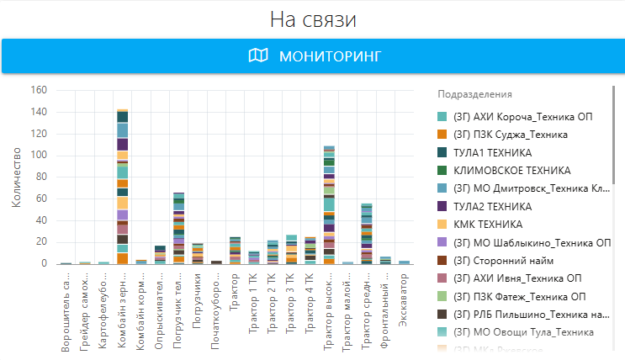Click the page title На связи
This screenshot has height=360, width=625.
point(312,20)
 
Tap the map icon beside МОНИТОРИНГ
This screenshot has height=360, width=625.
point(258,56)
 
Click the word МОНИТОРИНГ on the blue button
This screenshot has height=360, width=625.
point(330,56)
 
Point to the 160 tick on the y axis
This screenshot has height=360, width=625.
point(39,90)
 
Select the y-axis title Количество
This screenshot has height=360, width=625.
point(17,177)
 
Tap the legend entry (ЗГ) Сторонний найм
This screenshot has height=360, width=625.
point(503,261)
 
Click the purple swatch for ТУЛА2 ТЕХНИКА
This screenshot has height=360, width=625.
point(442,206)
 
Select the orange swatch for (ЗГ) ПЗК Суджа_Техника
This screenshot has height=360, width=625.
point(442,135)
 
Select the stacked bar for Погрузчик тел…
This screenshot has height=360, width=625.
point(178,228)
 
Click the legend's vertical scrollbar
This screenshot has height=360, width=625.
point(614,126)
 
